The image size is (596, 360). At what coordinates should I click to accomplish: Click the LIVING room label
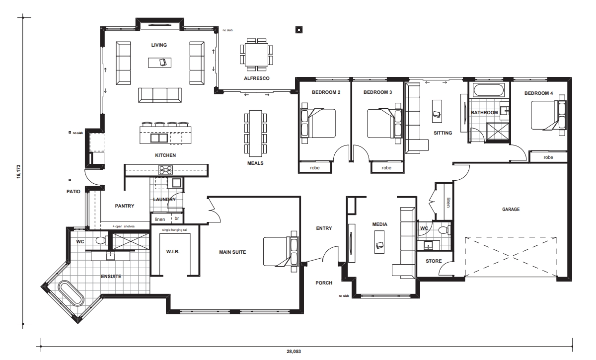point(159,45)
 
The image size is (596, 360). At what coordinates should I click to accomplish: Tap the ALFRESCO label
point(256,78)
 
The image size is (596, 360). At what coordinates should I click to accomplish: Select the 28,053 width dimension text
point(294,352)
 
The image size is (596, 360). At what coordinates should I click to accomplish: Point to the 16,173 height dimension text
point(19,172)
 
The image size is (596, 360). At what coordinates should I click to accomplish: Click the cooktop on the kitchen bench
point(165,170)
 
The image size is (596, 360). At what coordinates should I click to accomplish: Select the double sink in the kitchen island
point(159,138)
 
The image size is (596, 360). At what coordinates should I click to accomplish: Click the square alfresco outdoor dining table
point(256,55)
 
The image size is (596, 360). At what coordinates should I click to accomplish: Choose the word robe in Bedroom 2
point(315,168)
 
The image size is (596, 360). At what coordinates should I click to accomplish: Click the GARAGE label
point(511,210)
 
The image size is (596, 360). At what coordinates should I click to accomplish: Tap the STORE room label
point(434,261)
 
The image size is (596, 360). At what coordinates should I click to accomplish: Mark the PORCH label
point(324,283)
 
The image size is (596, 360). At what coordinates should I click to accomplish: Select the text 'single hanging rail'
point(174,229)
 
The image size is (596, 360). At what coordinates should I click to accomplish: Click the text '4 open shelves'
point(124,226)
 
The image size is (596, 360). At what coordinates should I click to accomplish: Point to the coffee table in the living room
point(159,63)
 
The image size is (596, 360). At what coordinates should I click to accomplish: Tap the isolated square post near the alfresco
point(299,30)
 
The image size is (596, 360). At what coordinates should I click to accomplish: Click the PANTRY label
point(125,206)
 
